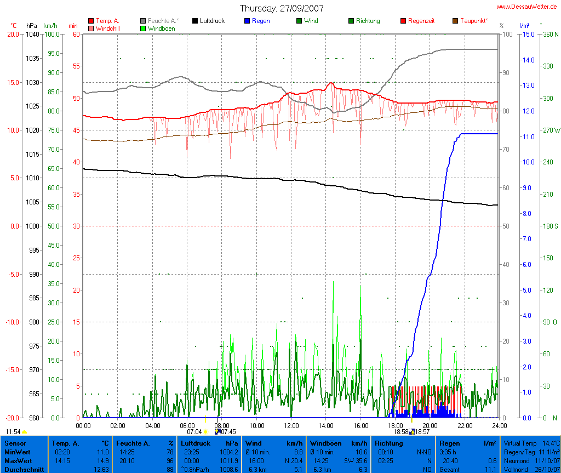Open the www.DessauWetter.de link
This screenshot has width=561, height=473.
[x=527, y=6]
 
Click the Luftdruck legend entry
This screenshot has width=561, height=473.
[x=208, y=21]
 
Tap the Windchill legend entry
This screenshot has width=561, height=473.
[x=107, y=28]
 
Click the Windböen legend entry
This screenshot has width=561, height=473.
[x=161, y=28]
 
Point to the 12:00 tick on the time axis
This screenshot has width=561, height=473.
[x=291, y=425]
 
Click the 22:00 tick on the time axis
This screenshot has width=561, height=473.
[x=465, y=425]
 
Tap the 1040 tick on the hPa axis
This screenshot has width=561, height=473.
[x=32, y=34]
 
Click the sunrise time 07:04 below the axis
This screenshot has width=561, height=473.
[x=194, y=432]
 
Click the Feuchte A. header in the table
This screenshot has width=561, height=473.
[x=133, y=443]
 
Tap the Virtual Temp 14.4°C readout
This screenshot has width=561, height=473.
[x=531, y=443]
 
